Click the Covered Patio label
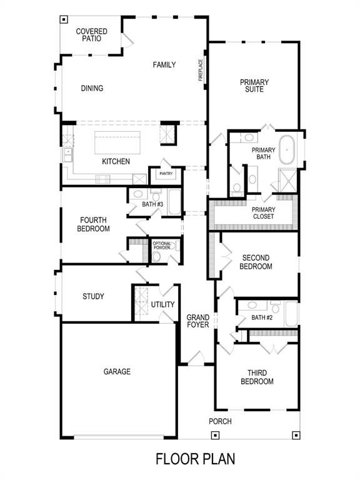click(x=91, y=35)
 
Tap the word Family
click(x=164, y=65)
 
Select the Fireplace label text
click(x=201, y=71)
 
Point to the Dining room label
click(x=92, y=88)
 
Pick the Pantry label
click(x=166, y=174)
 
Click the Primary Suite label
click(x=254, y=86)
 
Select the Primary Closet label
click(x=263, y=213)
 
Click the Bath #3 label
click(x=152, y=204)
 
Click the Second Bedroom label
click(x=256, y=262)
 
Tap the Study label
click(x=93, y=296)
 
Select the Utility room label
click(x=162, y=304)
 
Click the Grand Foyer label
click(x=198, y=321)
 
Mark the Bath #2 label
click(x=262, y=318)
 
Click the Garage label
click(x=117, y=372)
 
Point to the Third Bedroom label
click(x=257, y=377)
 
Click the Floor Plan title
click(x=196, y=459)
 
